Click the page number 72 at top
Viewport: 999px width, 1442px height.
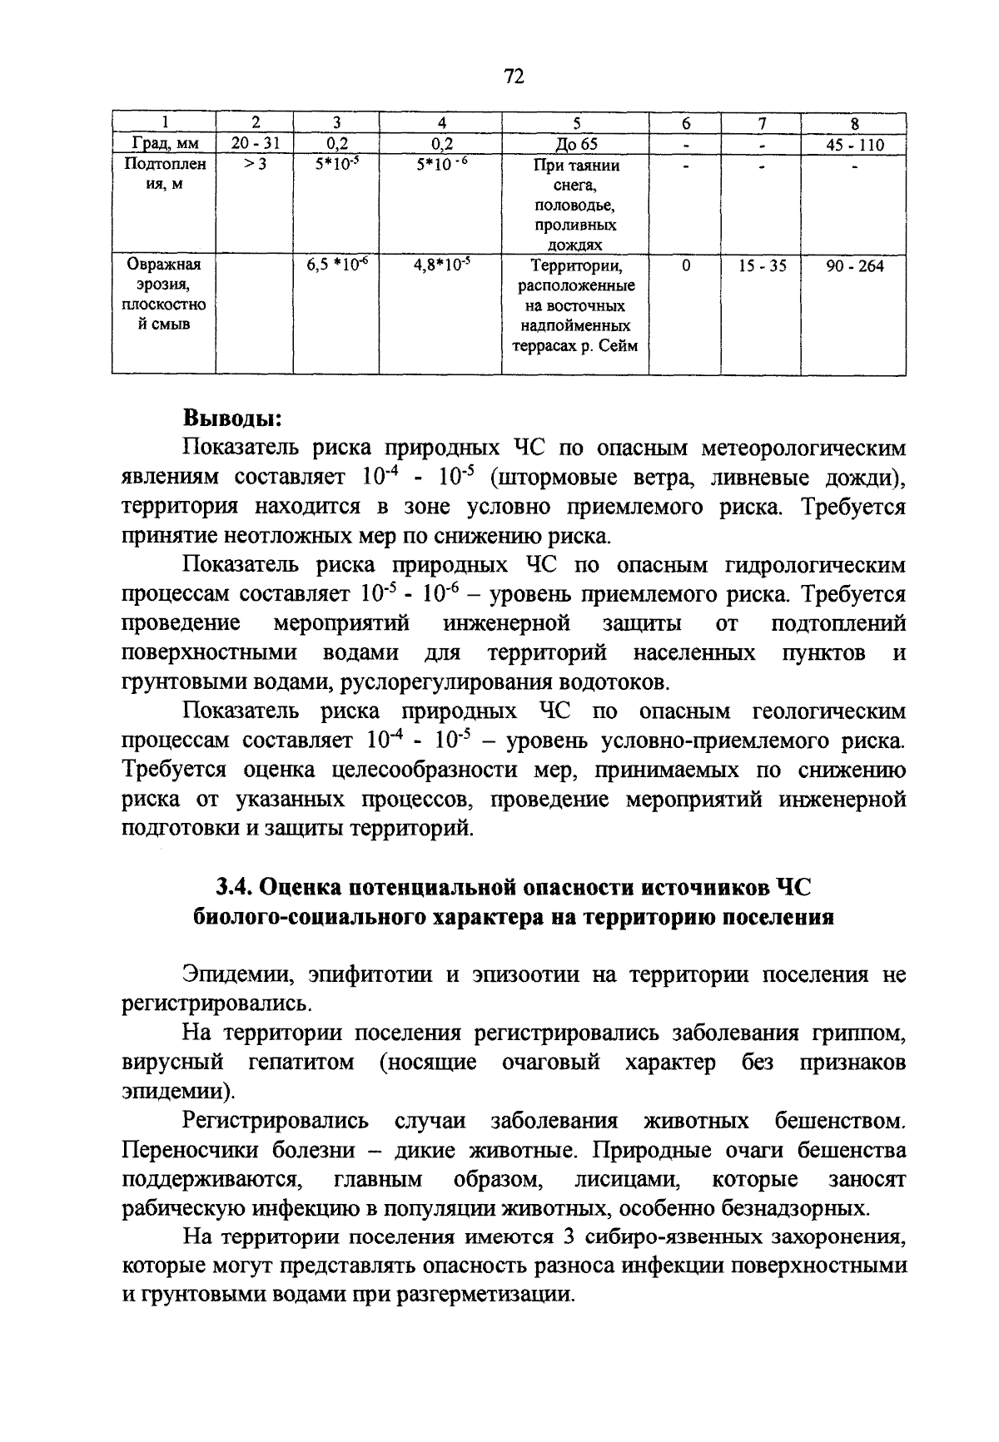pyautogui.click(x=514, y=77)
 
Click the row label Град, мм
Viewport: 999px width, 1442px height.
pyautogui.click(x=164, y=145)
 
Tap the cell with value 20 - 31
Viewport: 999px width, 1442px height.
pyautogui.click(x=256, y=144)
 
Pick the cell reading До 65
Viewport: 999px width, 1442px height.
pyautogui.click(x=576, y=144)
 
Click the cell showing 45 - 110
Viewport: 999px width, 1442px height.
pyautogui.click(x=854, y=145)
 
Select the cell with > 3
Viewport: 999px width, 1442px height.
pyautogui.click(x=256, y=165)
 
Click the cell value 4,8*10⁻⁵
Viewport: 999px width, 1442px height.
pyautogui.click(x=441, y=266)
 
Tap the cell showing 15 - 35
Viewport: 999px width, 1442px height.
pyautogui.click(x=761, y=267)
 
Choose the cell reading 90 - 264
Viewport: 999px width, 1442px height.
pyautogui.click(x=854, y=267)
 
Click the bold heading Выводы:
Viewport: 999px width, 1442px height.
pyautogui.click(x=232, y=417)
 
